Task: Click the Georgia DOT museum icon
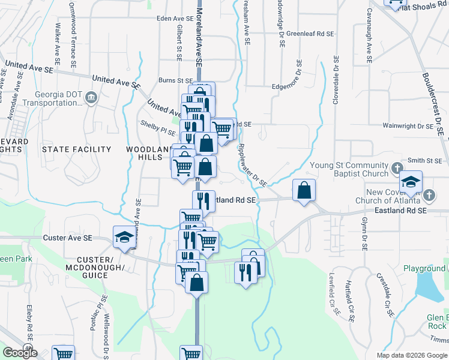(x=91, y=97)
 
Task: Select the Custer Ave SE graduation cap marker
(x=124, y=237)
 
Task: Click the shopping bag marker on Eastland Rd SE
(x=304, y=191)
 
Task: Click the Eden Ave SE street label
(x=173, y=19)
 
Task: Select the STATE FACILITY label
(x=76, y=149)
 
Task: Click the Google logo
(x=19, y=352)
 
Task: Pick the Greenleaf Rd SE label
(x=310, y=34)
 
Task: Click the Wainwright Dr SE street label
(x=408, y=126)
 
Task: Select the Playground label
(x=424, y=268)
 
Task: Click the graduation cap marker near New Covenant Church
(x=411, y=182)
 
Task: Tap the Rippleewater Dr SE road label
(x=251, y=163)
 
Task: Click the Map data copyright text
(x=412, y=355)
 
